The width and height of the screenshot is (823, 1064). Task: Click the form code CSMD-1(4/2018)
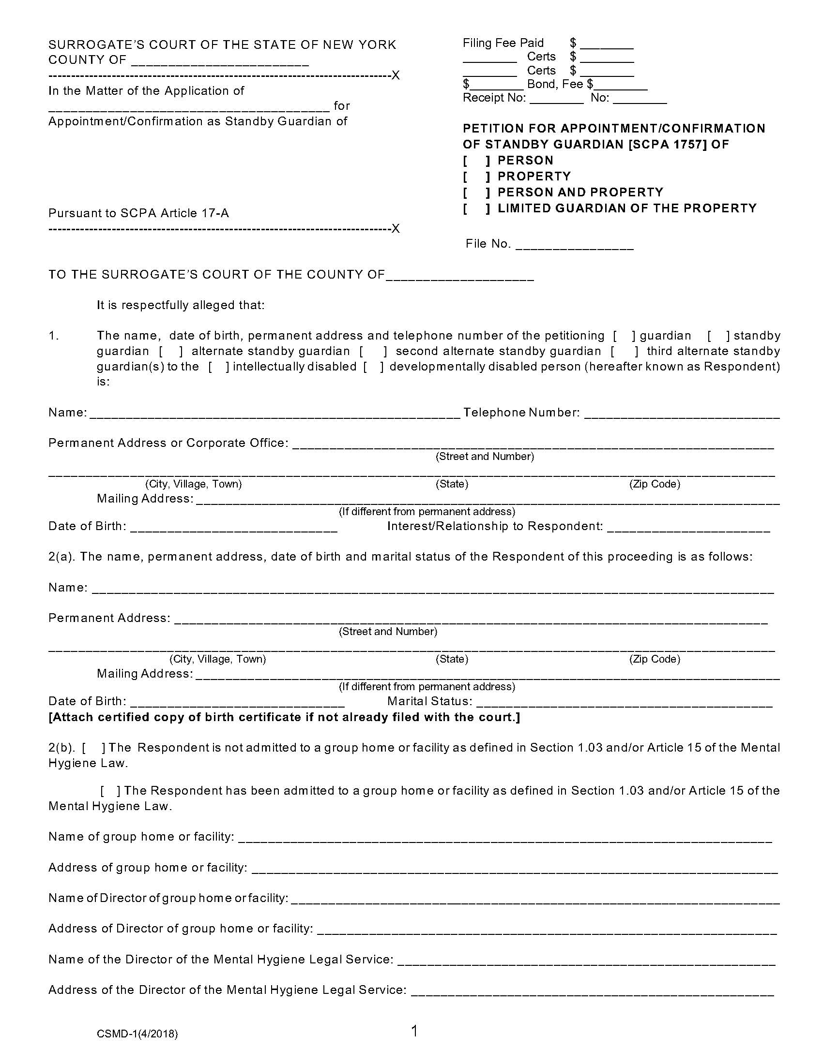coord(137,1034)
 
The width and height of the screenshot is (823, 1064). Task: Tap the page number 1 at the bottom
coord(414,1032)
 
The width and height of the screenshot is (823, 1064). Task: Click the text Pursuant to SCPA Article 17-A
coord(138,213)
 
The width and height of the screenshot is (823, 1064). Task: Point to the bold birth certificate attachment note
coord(284,718)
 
